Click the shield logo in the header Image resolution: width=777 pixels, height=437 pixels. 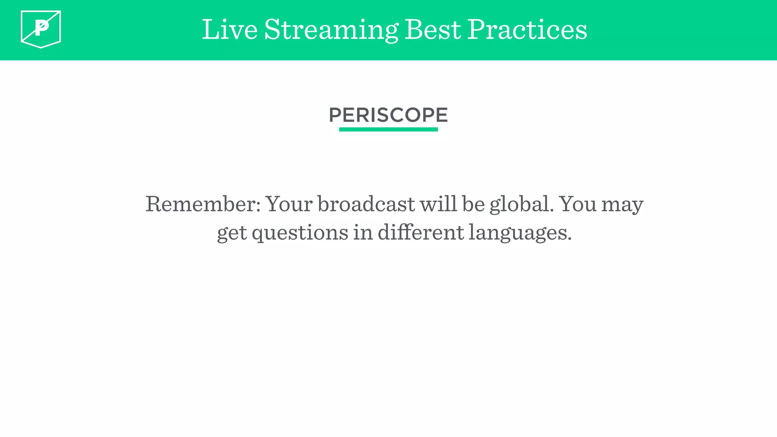[x=41, y=29]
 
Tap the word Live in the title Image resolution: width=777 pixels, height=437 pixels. [x=230, y=30]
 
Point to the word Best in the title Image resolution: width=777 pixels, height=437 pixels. [x=433, y=30]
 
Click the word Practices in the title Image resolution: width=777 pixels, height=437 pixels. [x=527, y=30]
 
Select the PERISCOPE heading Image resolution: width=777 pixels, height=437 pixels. [x=388, y=115]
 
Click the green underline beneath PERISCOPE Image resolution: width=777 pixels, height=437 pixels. [x=388, y=129]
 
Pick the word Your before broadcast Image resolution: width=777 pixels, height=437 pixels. [x=289, y=204]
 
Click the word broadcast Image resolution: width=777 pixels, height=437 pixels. [x=366, y=204]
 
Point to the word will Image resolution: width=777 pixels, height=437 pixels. [x=438, y=204]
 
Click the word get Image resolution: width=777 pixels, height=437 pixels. [x=232, y=233]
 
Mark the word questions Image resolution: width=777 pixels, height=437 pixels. [x=300, y=233]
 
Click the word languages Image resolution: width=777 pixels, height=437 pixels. [x=520, y=233]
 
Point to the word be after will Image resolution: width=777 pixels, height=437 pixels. [x=473, y=204]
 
